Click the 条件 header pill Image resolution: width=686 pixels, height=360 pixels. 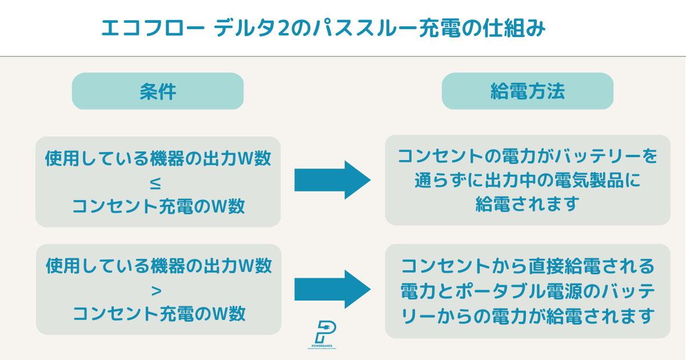[x=157, y=91]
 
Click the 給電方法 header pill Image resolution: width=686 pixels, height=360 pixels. [x=527, y=91]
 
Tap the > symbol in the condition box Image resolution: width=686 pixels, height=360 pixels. [x=158, y=290]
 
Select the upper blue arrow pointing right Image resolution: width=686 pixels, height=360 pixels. [x=332, y=180]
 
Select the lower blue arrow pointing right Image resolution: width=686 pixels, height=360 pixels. [x=332, y=289]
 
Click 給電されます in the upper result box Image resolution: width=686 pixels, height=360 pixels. [x=527, y=204]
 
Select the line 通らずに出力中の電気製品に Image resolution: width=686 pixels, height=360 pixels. [x=527, y=180]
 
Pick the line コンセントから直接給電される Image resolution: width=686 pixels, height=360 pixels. [x=527, y=266]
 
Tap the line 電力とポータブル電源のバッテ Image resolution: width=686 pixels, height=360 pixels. [x=527, y=290]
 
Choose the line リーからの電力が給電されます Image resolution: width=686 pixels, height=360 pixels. [x=527, y=315]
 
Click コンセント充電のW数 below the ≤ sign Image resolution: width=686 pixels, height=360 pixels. [x=158, y=206]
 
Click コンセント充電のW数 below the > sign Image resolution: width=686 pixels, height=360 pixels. [x=159, y=313]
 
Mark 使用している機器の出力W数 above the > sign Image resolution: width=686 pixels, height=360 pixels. [x=158, y=266]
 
